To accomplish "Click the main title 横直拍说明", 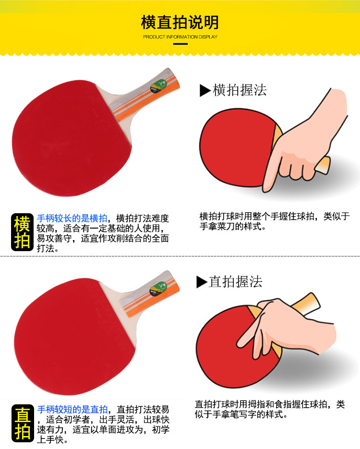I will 180,22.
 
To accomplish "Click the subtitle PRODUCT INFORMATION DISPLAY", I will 180,36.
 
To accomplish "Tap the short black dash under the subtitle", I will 180,44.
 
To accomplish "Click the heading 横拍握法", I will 239,90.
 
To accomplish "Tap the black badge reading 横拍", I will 23,232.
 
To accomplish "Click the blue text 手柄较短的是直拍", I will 72,409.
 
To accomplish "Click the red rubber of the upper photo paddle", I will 67,134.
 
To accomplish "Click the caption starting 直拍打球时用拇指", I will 269,409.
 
